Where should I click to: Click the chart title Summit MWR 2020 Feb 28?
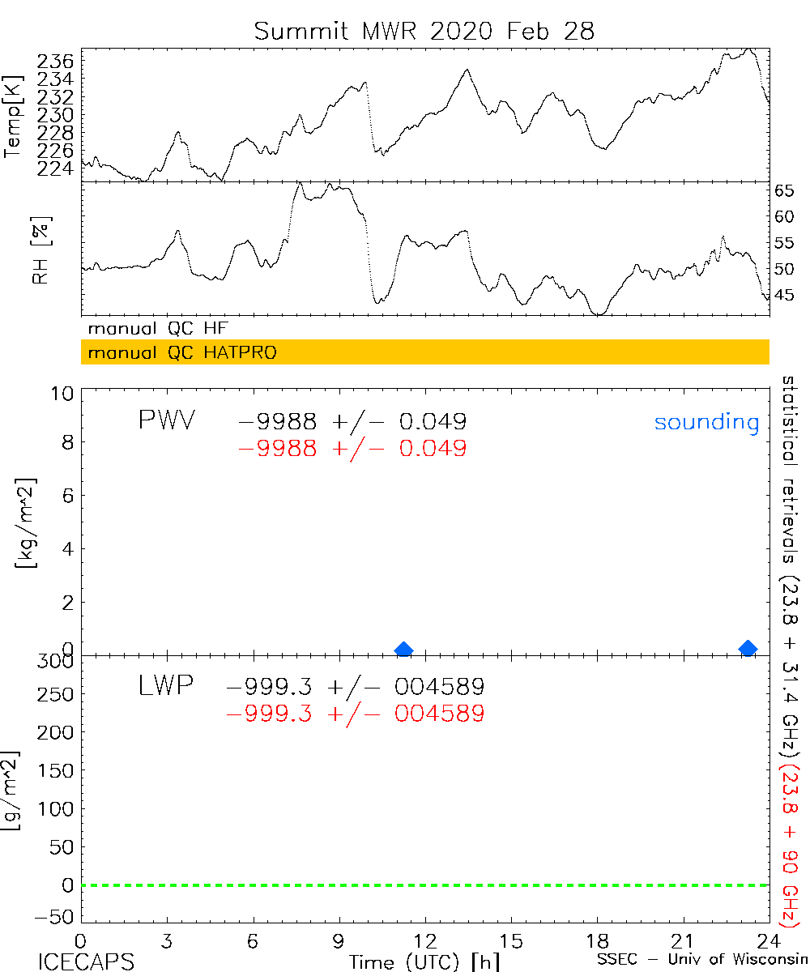(x=424, y=31)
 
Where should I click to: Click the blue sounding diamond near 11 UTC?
(x=403, y=650)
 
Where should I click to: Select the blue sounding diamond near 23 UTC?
(x=748, y=648)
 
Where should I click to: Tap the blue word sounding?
(x=706, y=423)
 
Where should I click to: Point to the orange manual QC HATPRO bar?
(x=424, y=352)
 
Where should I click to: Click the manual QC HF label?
(x=158, y=329)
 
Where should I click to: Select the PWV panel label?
(x=166, y=421)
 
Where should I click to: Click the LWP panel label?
(x=164, y=687)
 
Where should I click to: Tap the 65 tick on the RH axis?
(x=785, y=191)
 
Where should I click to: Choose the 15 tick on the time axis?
(x=510, y=941)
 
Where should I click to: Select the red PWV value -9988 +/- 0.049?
(x=352, y=448)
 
